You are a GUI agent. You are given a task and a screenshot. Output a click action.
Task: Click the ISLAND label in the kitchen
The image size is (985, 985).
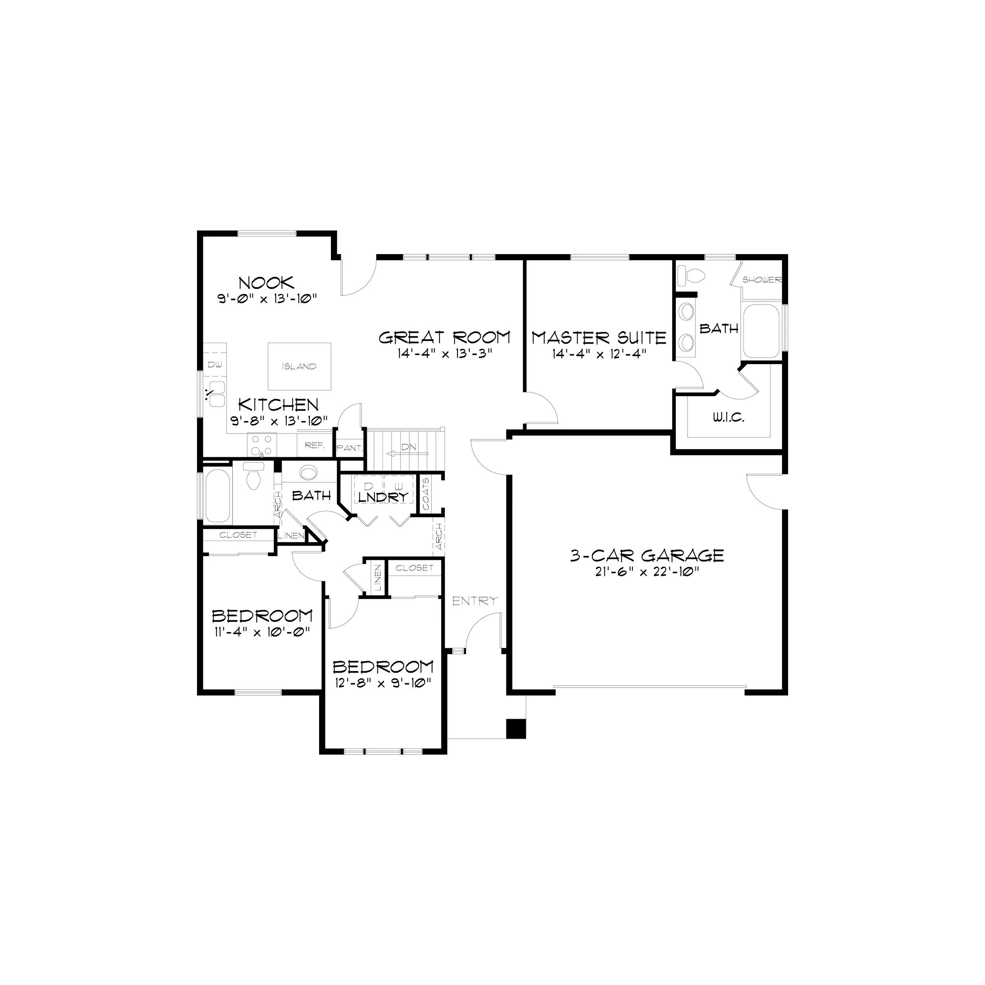pos(299,366)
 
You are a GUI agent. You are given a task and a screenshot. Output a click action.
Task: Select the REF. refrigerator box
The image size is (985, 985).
pos(314,445)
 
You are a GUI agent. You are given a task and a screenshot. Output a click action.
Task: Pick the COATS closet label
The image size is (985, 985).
pos(426,494)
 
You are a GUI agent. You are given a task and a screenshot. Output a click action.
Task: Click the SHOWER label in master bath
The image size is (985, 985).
pos(762,280)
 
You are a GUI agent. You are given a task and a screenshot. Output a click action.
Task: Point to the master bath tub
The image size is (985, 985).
pos(761,331)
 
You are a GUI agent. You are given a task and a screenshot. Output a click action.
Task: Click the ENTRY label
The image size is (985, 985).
pos(475,601)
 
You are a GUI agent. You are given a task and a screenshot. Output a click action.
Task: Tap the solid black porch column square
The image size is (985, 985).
pos(515,728)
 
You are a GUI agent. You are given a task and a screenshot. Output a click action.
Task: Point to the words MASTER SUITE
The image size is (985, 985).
pos(599,338)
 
